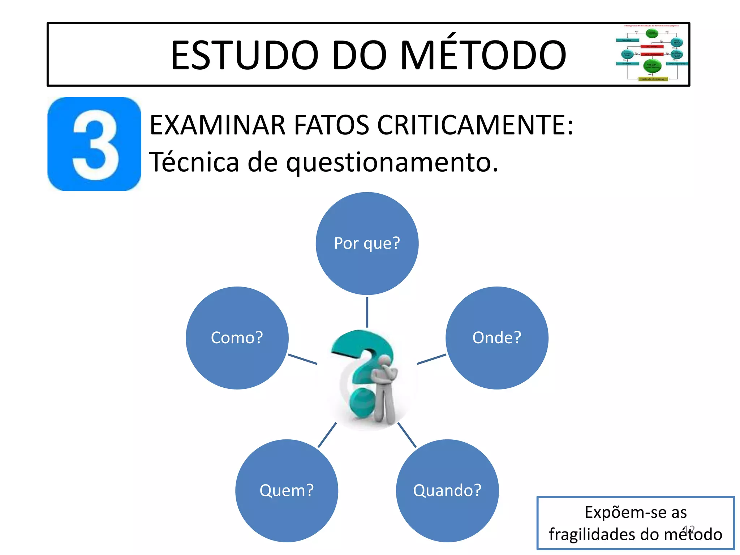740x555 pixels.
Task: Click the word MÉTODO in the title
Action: [483, 55]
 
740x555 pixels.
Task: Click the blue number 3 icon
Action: [94, 144]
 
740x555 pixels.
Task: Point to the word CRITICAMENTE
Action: [474, 125]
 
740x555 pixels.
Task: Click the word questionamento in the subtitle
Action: [392, 163]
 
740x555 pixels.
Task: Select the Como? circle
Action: [237, 338]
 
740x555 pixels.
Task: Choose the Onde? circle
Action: [497, 338]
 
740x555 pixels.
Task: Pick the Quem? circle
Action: [287, 490]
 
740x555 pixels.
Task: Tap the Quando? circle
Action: [447, 490]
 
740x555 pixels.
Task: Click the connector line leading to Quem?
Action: [327, 435]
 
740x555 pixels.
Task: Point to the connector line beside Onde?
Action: [431, 359]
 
